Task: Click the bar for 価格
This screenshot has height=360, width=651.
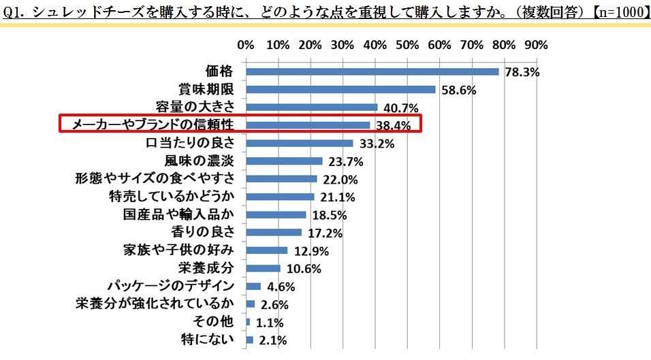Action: coord(372,71)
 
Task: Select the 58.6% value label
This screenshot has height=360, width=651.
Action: coord(456,90)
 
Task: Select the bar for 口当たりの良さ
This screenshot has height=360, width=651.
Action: coord(299,143)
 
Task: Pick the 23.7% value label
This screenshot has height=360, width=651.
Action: coord(343,162)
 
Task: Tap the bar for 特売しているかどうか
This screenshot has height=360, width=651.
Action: coord(280,197)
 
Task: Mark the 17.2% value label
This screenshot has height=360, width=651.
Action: coord(322,233)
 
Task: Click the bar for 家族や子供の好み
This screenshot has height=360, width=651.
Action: coord(266,250)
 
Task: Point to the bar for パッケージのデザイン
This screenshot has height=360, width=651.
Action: coord(253,286)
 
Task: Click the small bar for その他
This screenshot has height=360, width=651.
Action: coord(248,322)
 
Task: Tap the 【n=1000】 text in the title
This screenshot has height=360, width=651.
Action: coord(618,10)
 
